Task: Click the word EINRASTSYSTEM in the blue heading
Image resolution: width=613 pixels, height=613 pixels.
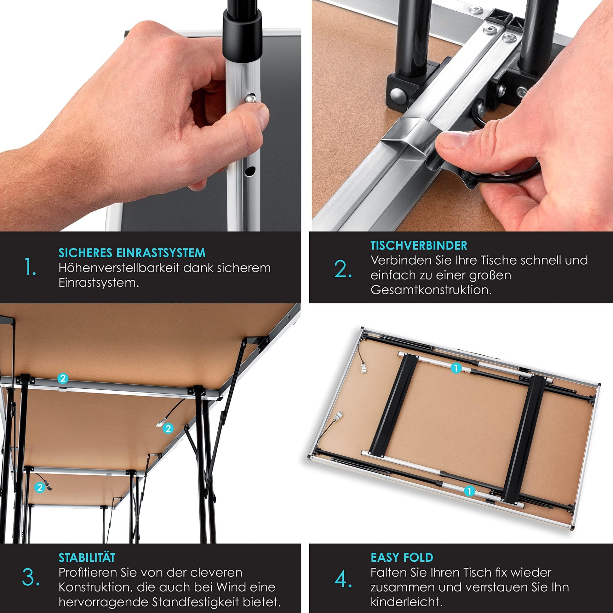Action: pyautogui.click(x=161, y=253)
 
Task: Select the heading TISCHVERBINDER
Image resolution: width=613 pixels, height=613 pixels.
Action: pyautogui.click(x=419, y=245)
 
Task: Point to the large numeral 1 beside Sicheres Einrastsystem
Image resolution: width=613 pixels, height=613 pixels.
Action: pyautogui.click(x=30, y=267)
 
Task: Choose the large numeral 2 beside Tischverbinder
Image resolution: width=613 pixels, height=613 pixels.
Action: pyautogui.click(x=343, y=269)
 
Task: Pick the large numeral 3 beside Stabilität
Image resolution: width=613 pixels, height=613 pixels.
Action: pyautogui.click(x=31, y=577)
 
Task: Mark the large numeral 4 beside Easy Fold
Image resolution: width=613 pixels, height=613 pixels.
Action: pyautogui.click(x=343, y=579)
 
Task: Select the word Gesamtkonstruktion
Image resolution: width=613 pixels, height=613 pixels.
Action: pyautogui.click(x=431, y=290)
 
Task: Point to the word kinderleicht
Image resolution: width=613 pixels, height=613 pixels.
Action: pyautogui.click(x=406, y=602)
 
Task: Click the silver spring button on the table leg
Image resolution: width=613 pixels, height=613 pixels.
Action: pyautogui.click(x=250, y=98)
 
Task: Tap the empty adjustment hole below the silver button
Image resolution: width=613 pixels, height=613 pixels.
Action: pyautogui.click(x=250, y=171)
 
